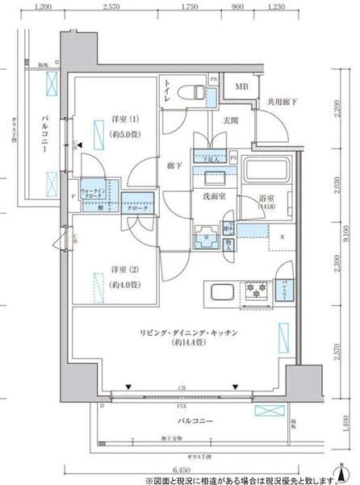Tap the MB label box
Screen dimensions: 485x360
click(241, 87)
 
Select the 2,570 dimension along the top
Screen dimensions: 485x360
click(112, 6)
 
